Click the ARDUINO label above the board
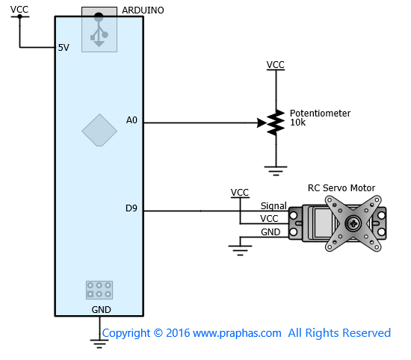coord(143,10)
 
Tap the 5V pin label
coord(64,48)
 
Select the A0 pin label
coord(132,120)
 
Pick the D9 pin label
coord(132,208)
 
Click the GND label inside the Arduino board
coord(101,310)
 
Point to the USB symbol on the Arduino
coord(99,30)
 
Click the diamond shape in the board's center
coord(99,130)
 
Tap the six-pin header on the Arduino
coord(99,290)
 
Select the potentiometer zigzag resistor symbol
coord(276,122)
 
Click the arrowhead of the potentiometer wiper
coord(262,122)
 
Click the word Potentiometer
coord(320,114)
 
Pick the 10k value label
coord(297,122)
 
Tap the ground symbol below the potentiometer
coord(276,171)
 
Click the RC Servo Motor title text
coord(342,188)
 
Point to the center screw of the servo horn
coord(353,223)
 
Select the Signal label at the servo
coord(274,206)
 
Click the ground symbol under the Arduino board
coord(99,344)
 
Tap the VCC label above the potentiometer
coord(275,65)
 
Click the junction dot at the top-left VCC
coord(19,16)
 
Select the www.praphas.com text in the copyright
coord(237,333)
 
